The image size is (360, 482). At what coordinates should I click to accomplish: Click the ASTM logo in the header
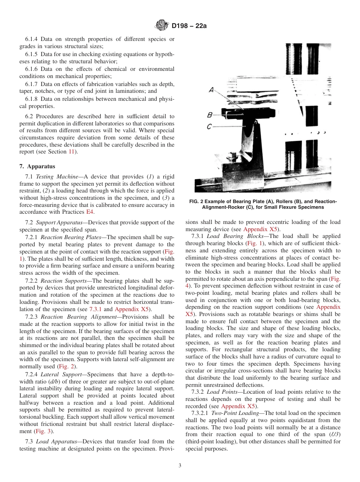(162, 26)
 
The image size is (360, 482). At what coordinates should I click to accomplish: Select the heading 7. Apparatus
(37, 166)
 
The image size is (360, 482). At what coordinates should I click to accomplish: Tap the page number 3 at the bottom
(180, 465)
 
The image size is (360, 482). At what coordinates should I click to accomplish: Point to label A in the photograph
(211, 90)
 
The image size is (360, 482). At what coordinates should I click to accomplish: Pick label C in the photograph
(209, 127)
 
